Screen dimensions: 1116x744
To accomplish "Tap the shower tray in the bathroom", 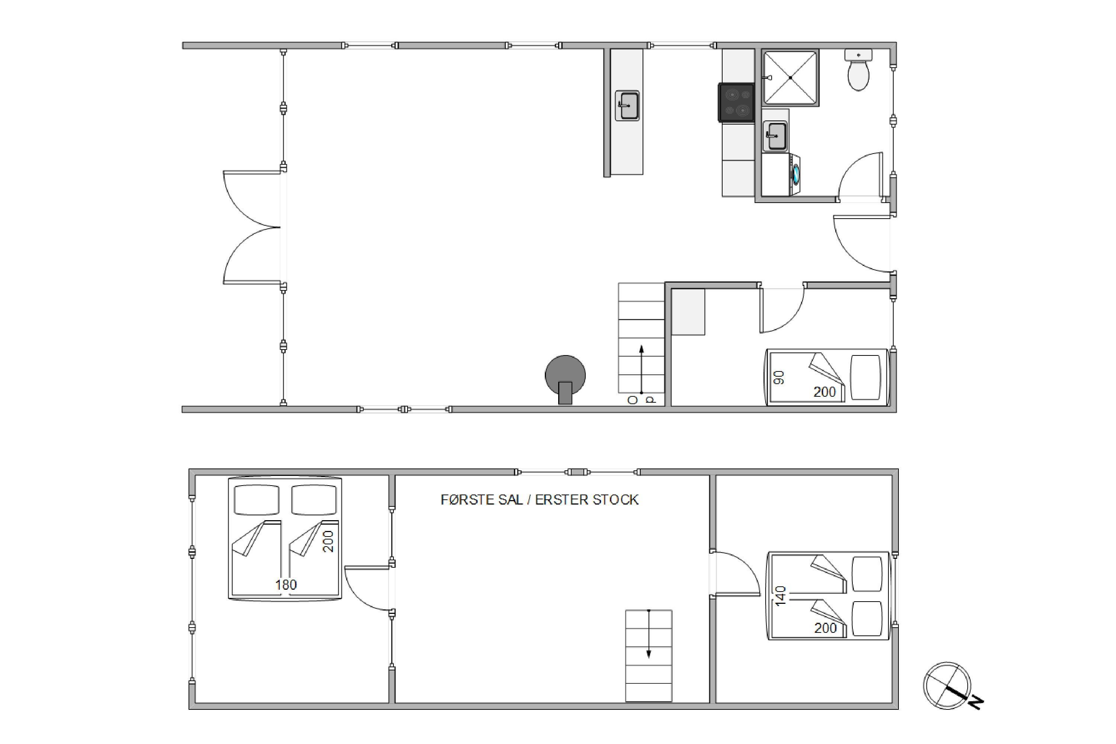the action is pos(791,77).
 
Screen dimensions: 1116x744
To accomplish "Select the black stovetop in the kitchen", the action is pos(736,103).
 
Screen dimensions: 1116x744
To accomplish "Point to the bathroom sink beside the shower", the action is pos(775,136).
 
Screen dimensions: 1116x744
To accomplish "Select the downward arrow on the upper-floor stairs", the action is pos(649,634).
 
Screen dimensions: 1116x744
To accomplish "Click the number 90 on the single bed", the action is pos(779,377).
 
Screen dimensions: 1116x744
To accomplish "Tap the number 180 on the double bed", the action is pos(286,584).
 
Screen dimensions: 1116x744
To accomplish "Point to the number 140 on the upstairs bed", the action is pos(781,596).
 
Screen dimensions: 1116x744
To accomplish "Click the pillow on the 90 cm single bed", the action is pos(865,377).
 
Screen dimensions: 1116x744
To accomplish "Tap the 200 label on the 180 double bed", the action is pos(328,541).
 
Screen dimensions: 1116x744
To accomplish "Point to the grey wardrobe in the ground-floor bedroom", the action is pos(688,312).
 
